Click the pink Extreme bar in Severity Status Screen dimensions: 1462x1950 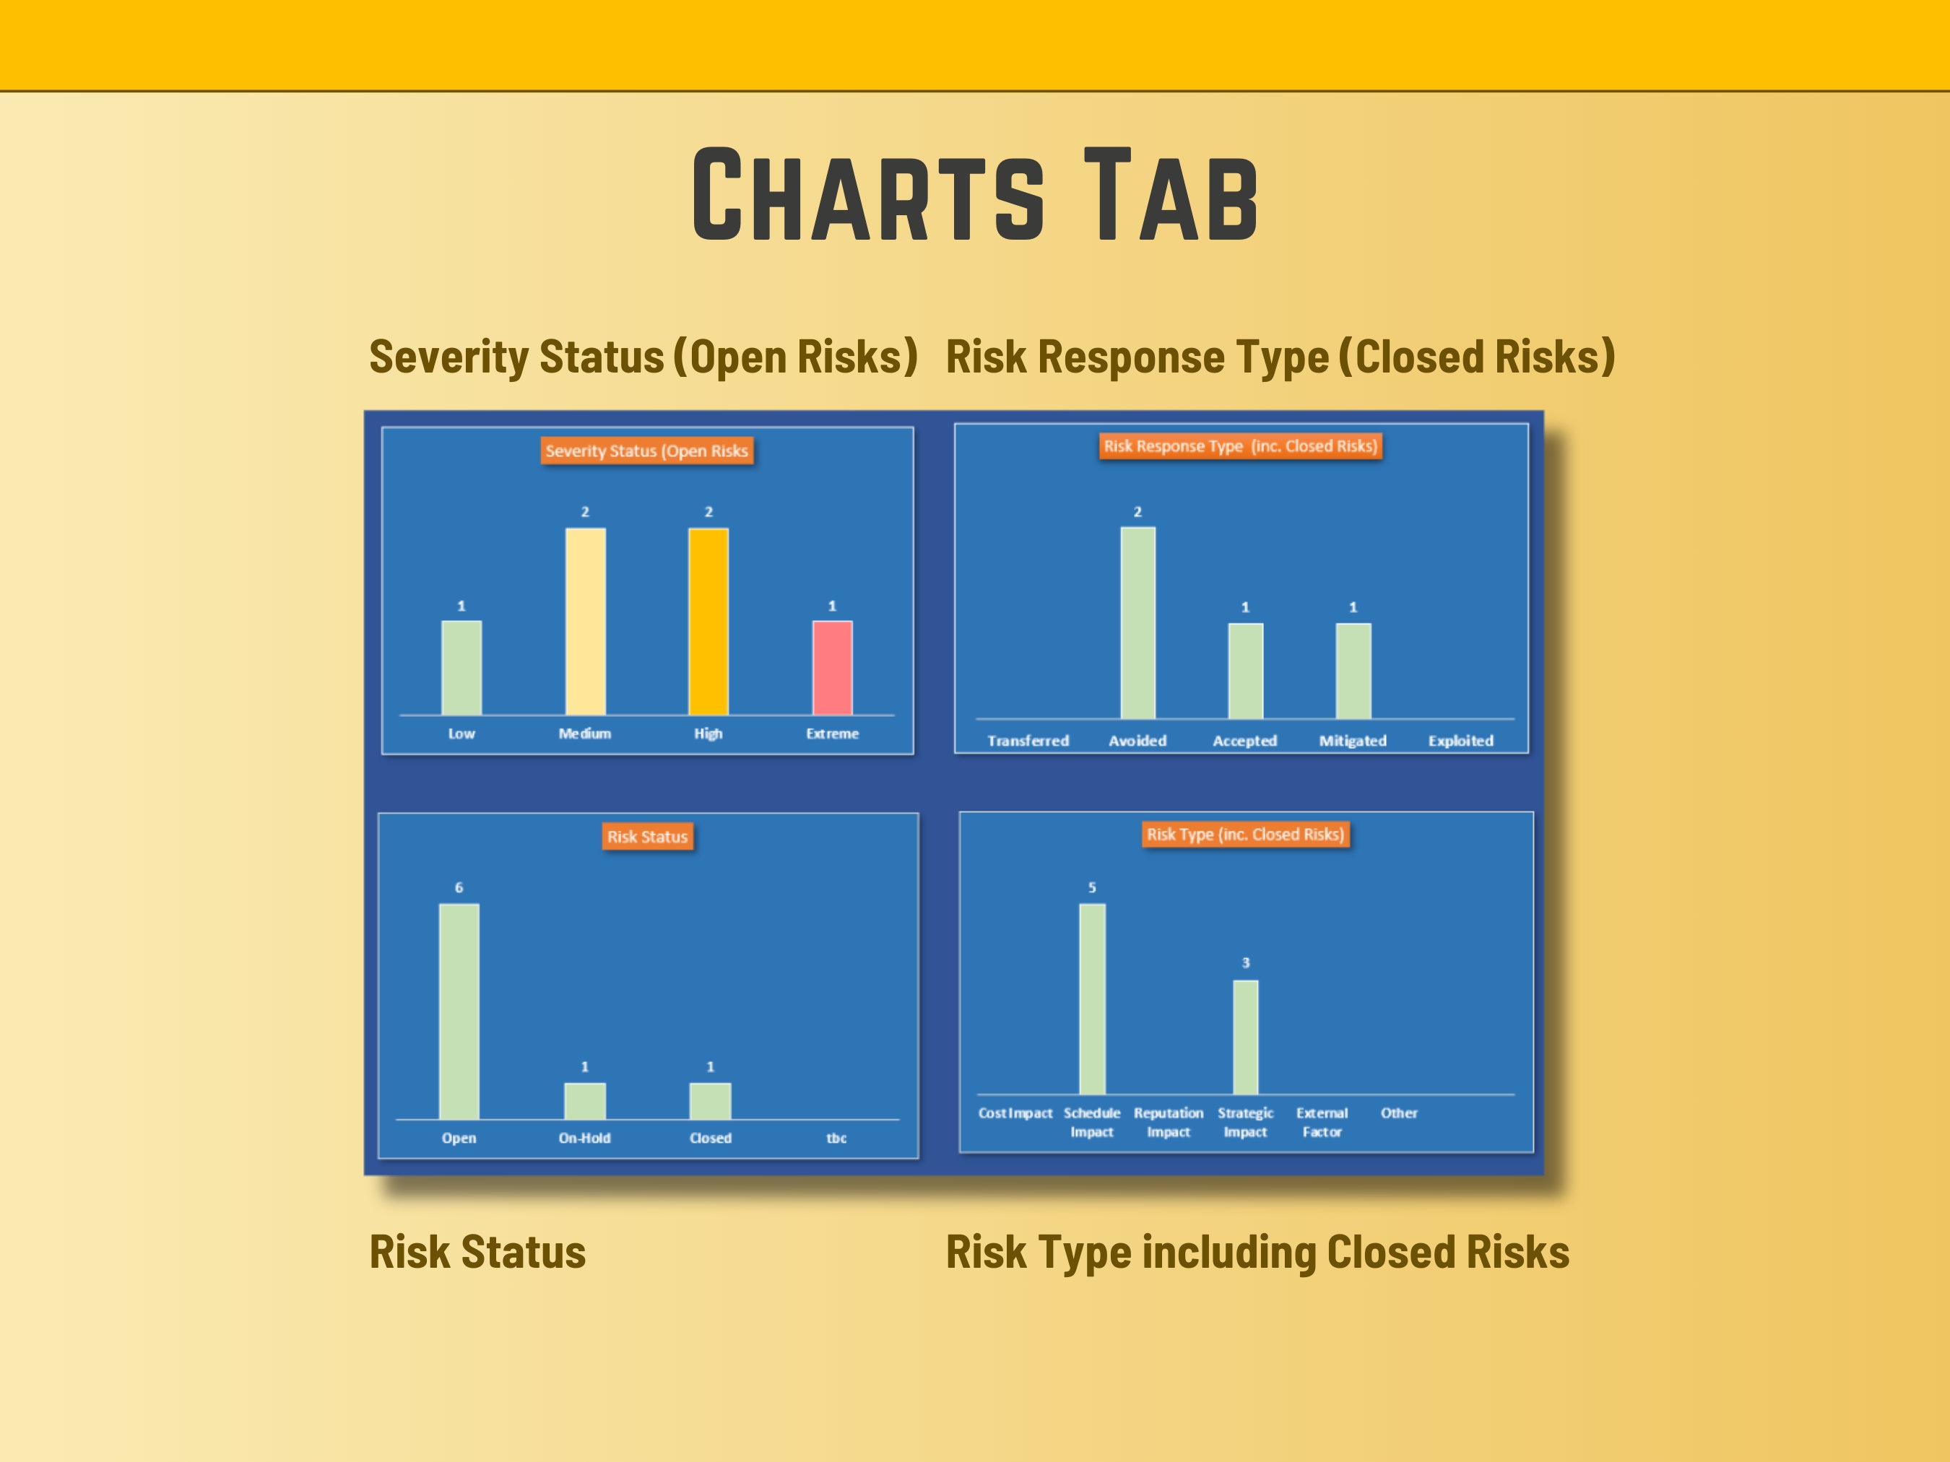tap(831, 668)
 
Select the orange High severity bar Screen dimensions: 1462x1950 tap(708, 622)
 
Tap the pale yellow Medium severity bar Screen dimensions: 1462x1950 tap(584, 622)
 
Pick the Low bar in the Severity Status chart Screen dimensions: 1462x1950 tap(461, 668)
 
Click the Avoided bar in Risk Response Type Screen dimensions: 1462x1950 tap(1137, 623)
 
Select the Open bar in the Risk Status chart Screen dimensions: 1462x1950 tap(459, 1011)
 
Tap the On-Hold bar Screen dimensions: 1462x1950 tap(584, 1102)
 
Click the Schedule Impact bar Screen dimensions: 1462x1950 tap(1091, 999)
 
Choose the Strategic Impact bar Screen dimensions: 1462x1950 tap(1245, 1037)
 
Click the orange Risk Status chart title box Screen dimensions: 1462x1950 tap(647, 836)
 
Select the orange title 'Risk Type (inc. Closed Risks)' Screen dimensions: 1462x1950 tap(1245, 834)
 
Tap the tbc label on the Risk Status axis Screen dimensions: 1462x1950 tap(836, 1138)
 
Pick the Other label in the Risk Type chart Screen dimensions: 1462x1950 tap(1399, 1113)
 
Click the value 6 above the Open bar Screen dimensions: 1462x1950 tap(459, 887)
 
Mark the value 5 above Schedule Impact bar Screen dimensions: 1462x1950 tap(1091, 887)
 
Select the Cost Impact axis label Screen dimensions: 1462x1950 tap(1015, 1113)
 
